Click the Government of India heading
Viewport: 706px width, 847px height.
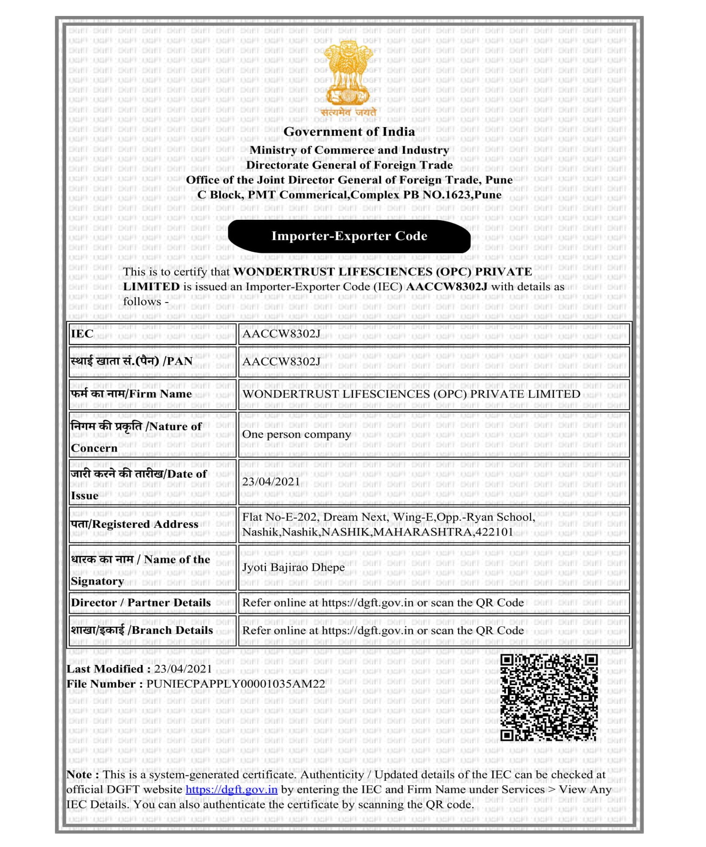349,132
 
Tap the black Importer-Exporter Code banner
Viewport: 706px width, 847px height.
349,236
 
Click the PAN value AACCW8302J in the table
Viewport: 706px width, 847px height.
281,361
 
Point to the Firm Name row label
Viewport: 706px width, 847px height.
131,394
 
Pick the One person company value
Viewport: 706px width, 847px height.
297,434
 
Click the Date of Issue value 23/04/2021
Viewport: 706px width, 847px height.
271,482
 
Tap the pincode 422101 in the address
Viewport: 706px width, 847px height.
494,532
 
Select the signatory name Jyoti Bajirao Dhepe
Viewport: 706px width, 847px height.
293,567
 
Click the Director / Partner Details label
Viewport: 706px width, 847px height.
141,603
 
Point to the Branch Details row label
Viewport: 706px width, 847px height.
142,631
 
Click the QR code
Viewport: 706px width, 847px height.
549,697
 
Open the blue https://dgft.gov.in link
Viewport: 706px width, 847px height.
232,790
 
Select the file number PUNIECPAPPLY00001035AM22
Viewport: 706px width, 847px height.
235,684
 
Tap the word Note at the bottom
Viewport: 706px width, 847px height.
80,775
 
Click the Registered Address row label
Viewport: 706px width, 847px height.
135,524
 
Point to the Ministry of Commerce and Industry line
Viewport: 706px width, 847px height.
349,150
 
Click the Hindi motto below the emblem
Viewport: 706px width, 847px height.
349,112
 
